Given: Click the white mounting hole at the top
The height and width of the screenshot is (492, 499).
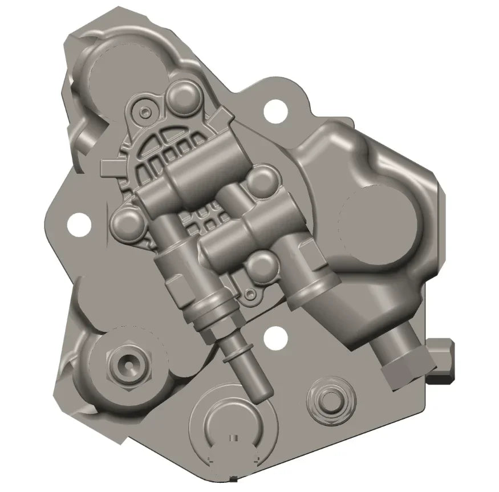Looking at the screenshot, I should coord(275,108).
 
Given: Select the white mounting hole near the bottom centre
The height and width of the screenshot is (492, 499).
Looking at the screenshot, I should coord(275,336).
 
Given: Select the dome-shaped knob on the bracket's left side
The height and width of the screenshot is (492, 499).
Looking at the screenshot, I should coord(124,221).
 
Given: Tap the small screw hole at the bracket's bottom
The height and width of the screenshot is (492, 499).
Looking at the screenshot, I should coord(247,294).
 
